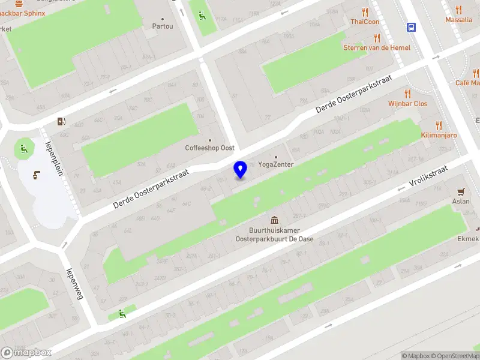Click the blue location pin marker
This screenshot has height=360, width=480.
coord(241,169)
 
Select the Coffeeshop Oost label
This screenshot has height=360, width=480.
coord(209,148)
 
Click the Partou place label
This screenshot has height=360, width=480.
coord(162,26)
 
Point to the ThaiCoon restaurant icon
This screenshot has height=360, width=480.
coord(365,12)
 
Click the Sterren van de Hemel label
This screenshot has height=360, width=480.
coord(377,47)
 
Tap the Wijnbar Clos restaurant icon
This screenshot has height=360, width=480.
coord(407,94)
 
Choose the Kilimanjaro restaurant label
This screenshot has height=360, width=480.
coord(439,135)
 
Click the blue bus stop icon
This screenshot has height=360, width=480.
coord(412,27)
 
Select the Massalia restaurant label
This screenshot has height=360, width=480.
coord(458,20)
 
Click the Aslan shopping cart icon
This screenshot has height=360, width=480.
coord(461,192)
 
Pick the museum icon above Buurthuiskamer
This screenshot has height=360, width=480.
coord(274,220)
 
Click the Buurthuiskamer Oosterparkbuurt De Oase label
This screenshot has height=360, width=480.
coord(274,234)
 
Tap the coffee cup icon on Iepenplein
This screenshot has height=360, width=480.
coord(35,175)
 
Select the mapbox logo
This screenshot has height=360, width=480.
coord(26,352)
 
